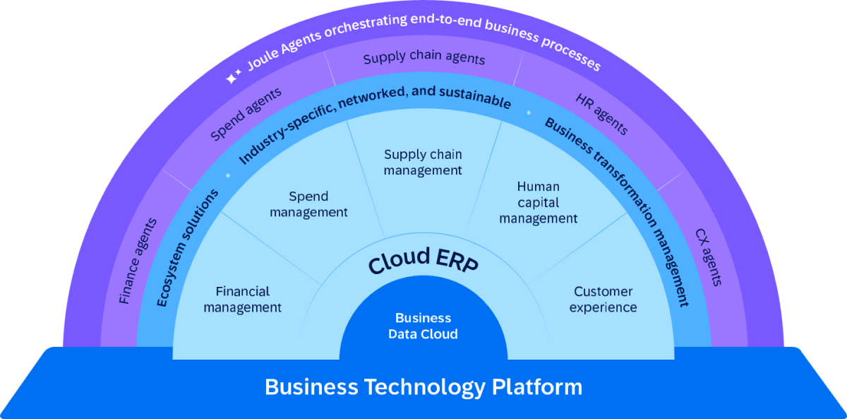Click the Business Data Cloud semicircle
coord(423,326)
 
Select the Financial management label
coord(243,299)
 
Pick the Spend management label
coord(308,203)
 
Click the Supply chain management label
coord(423,162)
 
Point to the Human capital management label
coord(538,203)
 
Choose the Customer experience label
coord(603,299)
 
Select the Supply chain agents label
coord(423,59)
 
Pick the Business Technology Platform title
coord(423,387)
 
